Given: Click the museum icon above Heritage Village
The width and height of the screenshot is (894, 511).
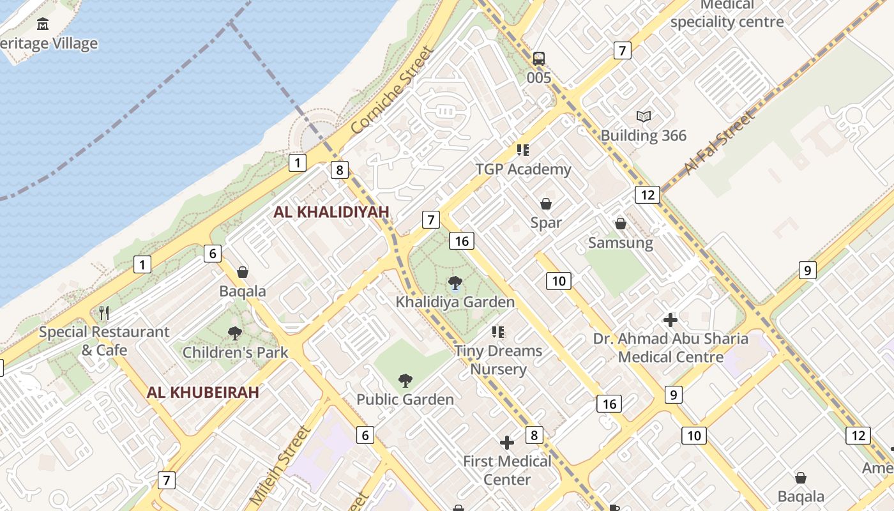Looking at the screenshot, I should (43, 24).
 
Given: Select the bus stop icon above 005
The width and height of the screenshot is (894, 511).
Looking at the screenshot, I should (539, 59).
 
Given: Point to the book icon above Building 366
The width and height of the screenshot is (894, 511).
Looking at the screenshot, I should (644, 116).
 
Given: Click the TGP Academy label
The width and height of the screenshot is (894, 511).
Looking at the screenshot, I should (523, 169).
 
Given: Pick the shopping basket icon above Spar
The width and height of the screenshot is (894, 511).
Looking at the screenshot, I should (546, 204).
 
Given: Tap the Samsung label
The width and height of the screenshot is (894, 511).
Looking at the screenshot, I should (620, 243).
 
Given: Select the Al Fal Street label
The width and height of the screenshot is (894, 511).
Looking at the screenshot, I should (718, 144).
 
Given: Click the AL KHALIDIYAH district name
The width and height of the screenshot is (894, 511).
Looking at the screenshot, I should (331, 212).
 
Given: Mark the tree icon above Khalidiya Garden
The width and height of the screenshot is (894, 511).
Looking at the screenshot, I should (455, 282).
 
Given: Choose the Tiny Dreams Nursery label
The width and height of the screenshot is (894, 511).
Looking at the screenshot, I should (498, 360).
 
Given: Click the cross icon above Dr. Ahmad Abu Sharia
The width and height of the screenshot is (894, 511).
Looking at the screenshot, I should (670, 319).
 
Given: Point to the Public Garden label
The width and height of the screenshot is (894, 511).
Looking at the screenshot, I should (405, 399).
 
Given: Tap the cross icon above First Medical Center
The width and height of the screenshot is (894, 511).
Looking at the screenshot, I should (507, 442).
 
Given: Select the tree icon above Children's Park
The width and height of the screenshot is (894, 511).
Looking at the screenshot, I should (235, 333).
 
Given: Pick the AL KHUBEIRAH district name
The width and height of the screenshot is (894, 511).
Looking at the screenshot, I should (202, 392).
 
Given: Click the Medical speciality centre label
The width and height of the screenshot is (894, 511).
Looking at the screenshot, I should (727, 14).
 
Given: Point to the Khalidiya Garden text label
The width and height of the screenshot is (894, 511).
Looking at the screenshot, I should (455, 301).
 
